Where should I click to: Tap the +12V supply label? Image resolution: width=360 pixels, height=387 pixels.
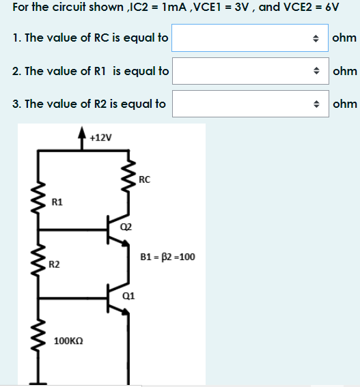[100, 137]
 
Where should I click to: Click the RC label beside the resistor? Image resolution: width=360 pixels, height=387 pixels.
[143, 180]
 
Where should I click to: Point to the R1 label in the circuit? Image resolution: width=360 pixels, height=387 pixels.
[57, 202]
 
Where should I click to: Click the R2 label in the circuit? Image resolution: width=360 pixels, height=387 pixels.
[57, 263]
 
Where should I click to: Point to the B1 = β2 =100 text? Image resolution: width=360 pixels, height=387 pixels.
[167, 257]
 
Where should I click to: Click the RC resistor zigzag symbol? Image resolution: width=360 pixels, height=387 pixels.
[126, 182]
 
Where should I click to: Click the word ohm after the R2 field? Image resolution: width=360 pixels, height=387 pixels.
[344, 104]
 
